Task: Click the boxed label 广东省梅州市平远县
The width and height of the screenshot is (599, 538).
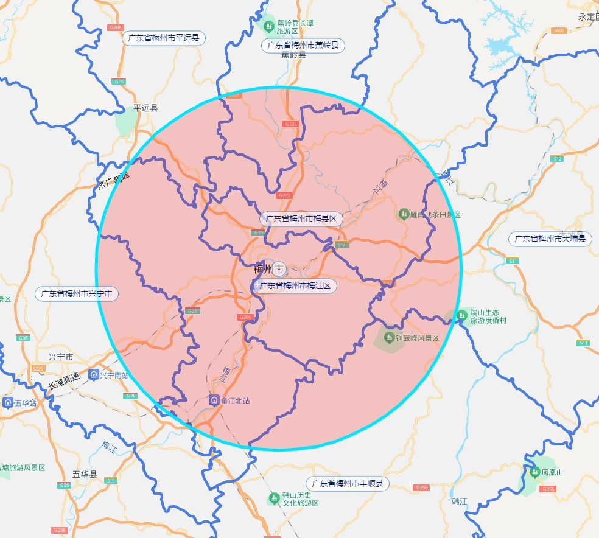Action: tap(164, 38)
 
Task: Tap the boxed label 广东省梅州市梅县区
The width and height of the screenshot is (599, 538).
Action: tap(301, 218)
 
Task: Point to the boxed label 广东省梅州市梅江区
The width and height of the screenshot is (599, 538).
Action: tap(295, 285)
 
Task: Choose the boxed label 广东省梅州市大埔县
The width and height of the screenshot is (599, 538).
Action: tap(550, 239)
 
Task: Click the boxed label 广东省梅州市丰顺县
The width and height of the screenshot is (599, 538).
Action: tap(348, 484)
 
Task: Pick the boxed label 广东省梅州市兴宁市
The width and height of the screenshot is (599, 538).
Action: tap(77, 293)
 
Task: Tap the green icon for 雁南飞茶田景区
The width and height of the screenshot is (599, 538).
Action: tap(403, 214)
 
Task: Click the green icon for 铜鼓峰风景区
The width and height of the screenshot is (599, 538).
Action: tap(389, 337)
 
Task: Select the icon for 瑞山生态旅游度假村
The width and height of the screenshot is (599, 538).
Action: tap(462, 316)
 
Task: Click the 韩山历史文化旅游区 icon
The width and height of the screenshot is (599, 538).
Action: tap(275, 498)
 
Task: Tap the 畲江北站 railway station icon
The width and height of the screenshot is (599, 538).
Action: tap(214, 400)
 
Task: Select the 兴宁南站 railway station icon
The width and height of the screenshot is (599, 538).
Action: tap(94, 374)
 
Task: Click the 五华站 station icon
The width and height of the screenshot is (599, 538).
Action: tap(8, 402)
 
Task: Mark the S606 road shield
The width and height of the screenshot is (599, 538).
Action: tap(558, 30)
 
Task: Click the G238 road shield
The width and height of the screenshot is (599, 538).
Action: tap(60, 530)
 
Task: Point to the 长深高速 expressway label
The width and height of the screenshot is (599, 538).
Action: tap(64, 382)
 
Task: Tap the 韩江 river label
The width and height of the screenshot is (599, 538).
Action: tap(459, 501)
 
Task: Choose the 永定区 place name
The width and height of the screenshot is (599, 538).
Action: tap(588, 17)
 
